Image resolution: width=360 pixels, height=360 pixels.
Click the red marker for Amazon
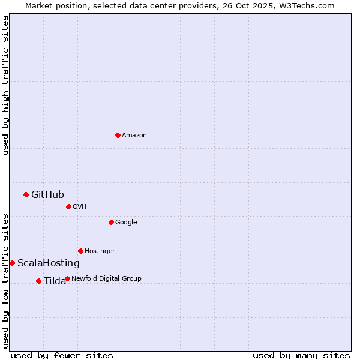pyautogui.click(x=118, y=135)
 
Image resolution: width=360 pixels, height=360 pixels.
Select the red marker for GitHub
pyautogui.click(x=26, y=194)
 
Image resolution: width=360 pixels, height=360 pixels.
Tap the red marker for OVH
pyautogui.click(x=68, y=206)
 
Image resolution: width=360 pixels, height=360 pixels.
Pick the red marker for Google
pyautogui.click(x=111, y=222)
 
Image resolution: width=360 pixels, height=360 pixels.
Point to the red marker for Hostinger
pyautogui.click(x=80, y=251)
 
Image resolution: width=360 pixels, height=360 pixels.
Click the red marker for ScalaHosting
pyautogui.click(x=12, y=263)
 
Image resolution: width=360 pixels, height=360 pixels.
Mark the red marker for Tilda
pyautogui.click(x=38, y=281)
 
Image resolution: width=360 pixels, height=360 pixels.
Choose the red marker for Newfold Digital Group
pyautogui.click(x=67, y=278)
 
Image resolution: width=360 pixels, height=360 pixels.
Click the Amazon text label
pyautogui.click(x=134, y=136)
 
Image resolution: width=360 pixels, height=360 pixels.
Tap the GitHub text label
pyautogui.click(x=47, y=194)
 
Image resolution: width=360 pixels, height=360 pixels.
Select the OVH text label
pyautogui.click(x=80, y=207)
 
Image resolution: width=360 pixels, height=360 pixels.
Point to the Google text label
pyautogui.click(x=126, y=223)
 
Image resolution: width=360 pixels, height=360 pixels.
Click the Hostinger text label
pyautogui.click(x=100, y=251)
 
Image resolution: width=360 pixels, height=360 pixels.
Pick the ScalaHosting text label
pyautogui.click(x=49, y=263)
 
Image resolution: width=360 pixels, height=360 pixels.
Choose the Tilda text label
pyautogui.click(x=55, y=281)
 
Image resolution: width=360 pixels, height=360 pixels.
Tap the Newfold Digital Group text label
pyautogui.click(x=106, y=278)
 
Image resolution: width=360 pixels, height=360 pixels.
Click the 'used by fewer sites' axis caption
pyautogui.click(x=62, y=355)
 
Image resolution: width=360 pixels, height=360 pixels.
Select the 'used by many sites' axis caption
pyautogui.click(x=301, y=355)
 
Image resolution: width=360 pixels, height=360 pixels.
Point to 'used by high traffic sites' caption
pyautogui.click(x=6, y=85)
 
